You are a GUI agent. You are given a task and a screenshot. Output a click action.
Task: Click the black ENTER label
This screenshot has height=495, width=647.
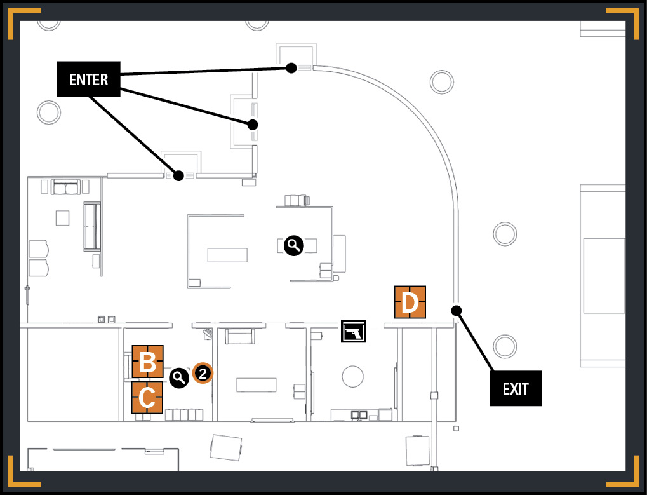pyautogui.click(x=88, y=79)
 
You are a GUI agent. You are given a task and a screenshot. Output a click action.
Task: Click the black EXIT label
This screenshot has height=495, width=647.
pyautogui.click(x=516, y=388)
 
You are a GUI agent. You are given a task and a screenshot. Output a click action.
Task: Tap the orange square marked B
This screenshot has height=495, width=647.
pyautogui.click(x=147, y=362)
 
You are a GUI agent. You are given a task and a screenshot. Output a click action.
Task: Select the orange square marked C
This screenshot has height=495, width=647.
pyautogui.click(x=147, y=397)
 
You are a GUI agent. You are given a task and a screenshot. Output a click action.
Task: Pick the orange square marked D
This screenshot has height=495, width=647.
pyautogui.click(x=410, y=302)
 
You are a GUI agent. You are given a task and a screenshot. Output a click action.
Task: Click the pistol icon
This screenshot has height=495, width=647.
pyautogui.click(x=354, y=331)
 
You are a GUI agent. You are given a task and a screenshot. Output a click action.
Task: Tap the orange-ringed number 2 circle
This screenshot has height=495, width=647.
pyautogui.click(x=203, y=374)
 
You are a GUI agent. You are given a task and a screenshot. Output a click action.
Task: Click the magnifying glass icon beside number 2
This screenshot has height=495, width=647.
pyautogui.click(x=179, y=377)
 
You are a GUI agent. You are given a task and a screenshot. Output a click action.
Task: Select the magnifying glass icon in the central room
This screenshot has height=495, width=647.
pyautogui.click(x=294, y=246)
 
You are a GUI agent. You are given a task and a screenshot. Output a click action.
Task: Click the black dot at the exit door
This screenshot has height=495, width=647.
pyautogui.click(x=456, y=310)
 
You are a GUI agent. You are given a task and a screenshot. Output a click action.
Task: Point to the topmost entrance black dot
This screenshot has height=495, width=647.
pyautogui.click(x=291, y=68)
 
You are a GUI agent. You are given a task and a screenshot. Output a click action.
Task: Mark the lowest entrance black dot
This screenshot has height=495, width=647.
pyautogui.click(x=178, y=175)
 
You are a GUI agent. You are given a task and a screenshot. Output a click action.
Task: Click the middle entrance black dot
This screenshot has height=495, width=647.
pyautogui.click(x=253, y=125)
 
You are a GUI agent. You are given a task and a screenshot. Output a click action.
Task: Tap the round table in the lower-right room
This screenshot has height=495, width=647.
pyautogui.click(x=353, y=377)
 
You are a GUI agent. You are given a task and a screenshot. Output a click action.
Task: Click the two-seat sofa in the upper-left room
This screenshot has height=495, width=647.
pyautogui.click(x=65, y=187)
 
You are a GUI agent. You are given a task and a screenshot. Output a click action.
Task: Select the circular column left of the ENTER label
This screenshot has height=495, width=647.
pyautogui.click(x=49, y=112)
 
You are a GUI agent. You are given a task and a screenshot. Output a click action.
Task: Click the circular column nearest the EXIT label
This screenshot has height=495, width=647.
pyautogui.click(x=505, y=346)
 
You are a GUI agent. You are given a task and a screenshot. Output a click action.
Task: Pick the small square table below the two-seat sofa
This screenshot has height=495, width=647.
pyautogui.click(x=62, y=217)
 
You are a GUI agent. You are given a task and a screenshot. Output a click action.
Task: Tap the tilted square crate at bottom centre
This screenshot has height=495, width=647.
pyautogui.click(x=225, y=447)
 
